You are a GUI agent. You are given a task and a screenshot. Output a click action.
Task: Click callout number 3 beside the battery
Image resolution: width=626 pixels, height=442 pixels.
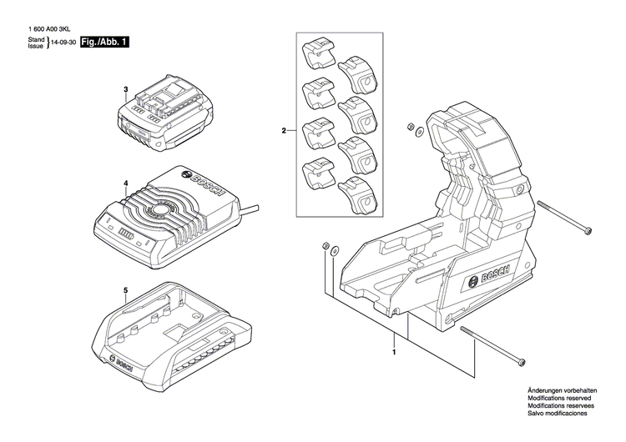pyautogui.click(x=124, y=89)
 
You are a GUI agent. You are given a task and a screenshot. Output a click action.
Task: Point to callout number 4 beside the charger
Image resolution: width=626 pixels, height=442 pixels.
pyautogui.click(x=124, y=183)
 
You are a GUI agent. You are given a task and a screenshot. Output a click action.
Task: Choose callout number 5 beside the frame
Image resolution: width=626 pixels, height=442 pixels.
pyautogui.click(x=124, y=291)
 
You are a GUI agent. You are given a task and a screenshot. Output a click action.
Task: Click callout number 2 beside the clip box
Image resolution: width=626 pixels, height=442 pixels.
pyautogui.click(x=284, y=131)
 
